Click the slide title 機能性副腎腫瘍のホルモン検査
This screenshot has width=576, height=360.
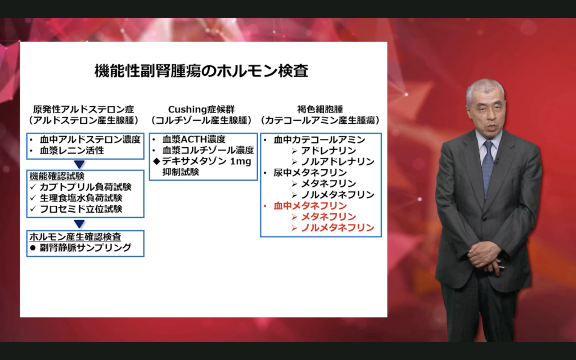[x=201, y=71]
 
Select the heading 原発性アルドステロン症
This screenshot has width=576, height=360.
[x=84, y=109]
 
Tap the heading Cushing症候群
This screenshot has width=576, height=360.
[x=201, y=109]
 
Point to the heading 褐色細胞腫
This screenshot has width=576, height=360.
[x=320, y=109]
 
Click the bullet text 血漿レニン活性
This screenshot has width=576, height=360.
[x=72, y=150]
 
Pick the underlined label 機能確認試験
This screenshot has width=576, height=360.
[x=57, y=176]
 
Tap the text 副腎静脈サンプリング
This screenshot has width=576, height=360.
[x=85, y=247]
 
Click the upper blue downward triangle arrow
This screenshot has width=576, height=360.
[x=79, y=164]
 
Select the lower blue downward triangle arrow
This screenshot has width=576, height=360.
[x=79, y=224]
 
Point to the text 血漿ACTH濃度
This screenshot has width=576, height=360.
[x=194, y=139]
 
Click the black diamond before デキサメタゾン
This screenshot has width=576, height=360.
[x=156, y=161]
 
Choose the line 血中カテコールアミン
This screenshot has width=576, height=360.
[x=319, y=139]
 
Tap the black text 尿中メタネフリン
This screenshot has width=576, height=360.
[x=310, y=173]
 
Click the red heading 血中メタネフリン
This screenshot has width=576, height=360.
[x=310, y=206]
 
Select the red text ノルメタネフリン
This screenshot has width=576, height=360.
[x=337, y=228]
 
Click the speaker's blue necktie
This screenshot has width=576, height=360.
[x=488, y=168]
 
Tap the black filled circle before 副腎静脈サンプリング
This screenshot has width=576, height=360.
[x=33, y=248]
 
